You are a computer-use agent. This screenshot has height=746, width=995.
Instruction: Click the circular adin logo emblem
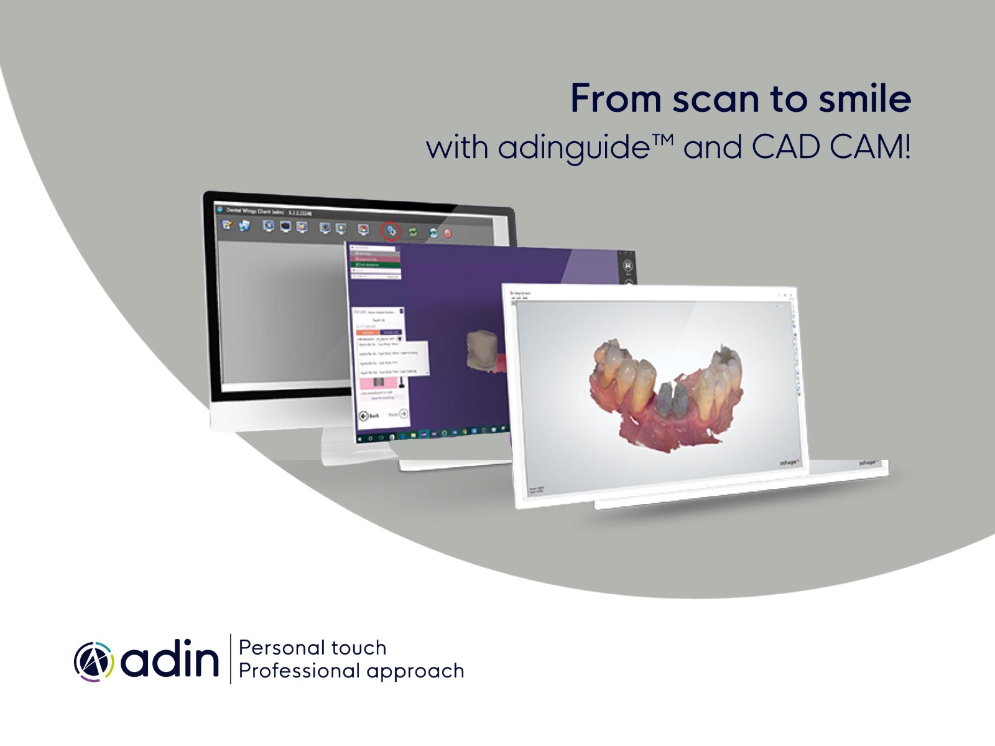(x=94, y=661)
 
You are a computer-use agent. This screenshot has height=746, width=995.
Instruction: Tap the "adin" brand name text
(x=170, y=661)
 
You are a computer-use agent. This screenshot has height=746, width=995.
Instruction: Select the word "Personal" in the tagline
(x=277, y=649)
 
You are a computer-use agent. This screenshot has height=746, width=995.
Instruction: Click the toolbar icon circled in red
(x=391, y=231)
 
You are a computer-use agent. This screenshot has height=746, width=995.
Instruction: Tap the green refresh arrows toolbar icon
(x=412, y=233)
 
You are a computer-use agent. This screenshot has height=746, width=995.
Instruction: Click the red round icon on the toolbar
(x=447, y=234)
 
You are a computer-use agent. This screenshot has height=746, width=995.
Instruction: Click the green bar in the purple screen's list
(x=376, y=264)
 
